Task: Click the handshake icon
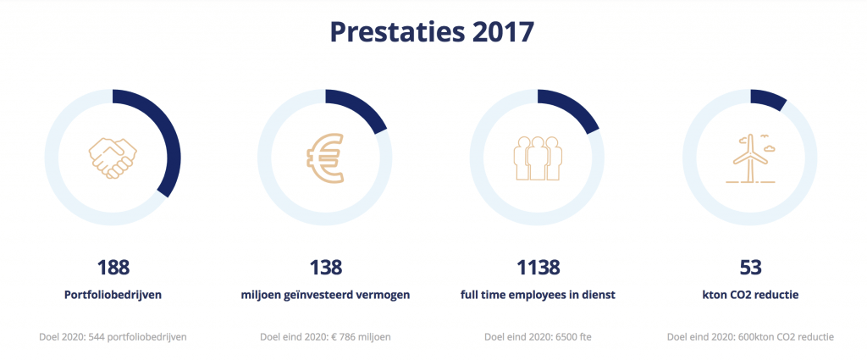click(113, 157)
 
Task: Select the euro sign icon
click(326, 158)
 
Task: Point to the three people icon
click(538, 157)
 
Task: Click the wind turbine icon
click(749, 158)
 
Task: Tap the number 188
click(113, 268)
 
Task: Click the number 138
click(325, 268)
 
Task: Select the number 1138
click(538, 268)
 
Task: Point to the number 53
click(750, 268)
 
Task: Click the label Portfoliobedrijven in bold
click(113, 296)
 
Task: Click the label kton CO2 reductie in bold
click(750, 296)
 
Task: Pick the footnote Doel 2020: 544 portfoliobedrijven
click(113, 336)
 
